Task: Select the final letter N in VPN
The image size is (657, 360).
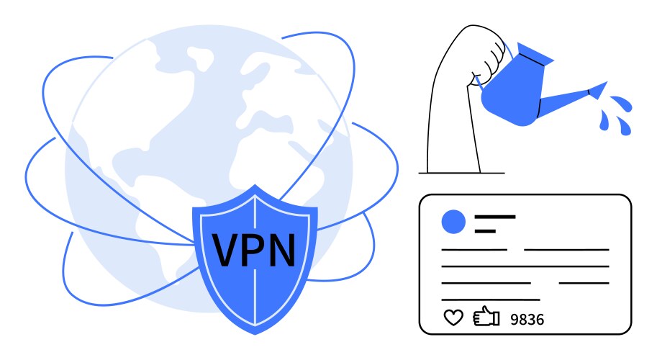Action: pos(281,250)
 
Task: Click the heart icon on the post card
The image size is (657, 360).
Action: pos(453,318)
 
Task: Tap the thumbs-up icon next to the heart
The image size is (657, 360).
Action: pos(486,316)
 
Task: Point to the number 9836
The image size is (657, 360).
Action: pos(527,320)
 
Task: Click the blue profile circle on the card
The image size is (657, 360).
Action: pos(453,222)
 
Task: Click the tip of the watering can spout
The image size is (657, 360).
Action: pos(607,83)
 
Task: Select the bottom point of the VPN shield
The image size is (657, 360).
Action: pos(255,334)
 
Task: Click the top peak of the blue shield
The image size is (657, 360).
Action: pos(255,185)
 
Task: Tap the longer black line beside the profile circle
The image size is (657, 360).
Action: pos(495,217)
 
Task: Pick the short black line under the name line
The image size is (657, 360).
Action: pos(485,231)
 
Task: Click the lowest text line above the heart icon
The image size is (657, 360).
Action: pos(491,300)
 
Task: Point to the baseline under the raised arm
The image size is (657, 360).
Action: pos(462,173)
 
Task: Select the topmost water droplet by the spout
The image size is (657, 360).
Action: pos(622,103)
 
